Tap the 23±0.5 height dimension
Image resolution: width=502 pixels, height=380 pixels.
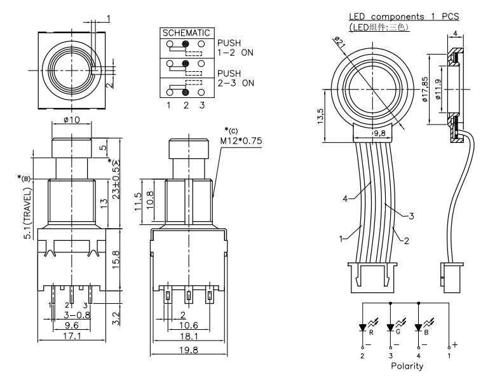click(116, 182)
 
